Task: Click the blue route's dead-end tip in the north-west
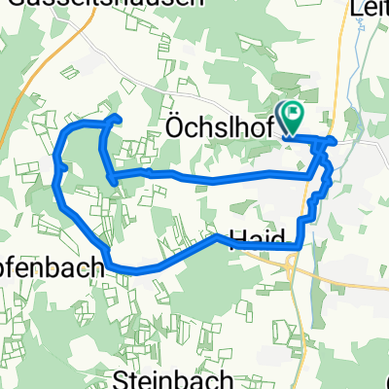click(x=117, y=118)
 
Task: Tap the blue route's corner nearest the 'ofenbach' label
click(x=107, y=264)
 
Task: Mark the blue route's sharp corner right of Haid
click(x=297, y=248)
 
